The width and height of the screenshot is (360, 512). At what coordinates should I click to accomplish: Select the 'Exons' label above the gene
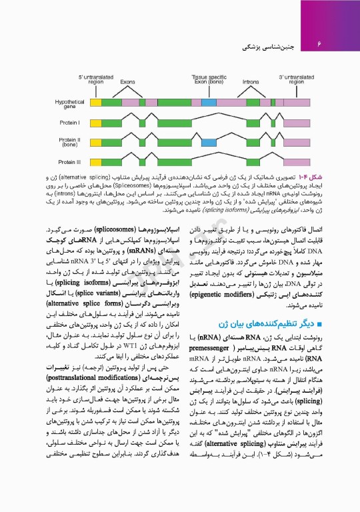[x=128, y=81]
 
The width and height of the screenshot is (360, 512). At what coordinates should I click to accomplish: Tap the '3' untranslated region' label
[x=296, y=79]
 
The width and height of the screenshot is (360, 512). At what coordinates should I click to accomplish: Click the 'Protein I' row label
[x=69, y=122]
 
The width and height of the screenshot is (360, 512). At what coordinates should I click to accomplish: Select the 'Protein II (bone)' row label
[x=69, y=141]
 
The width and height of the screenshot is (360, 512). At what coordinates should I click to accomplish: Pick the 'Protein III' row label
[x=69, y=161]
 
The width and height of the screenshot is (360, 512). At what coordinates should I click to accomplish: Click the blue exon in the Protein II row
[x=209, y=141]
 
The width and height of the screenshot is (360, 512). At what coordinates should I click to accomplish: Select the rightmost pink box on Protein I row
[x=296, y=122]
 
